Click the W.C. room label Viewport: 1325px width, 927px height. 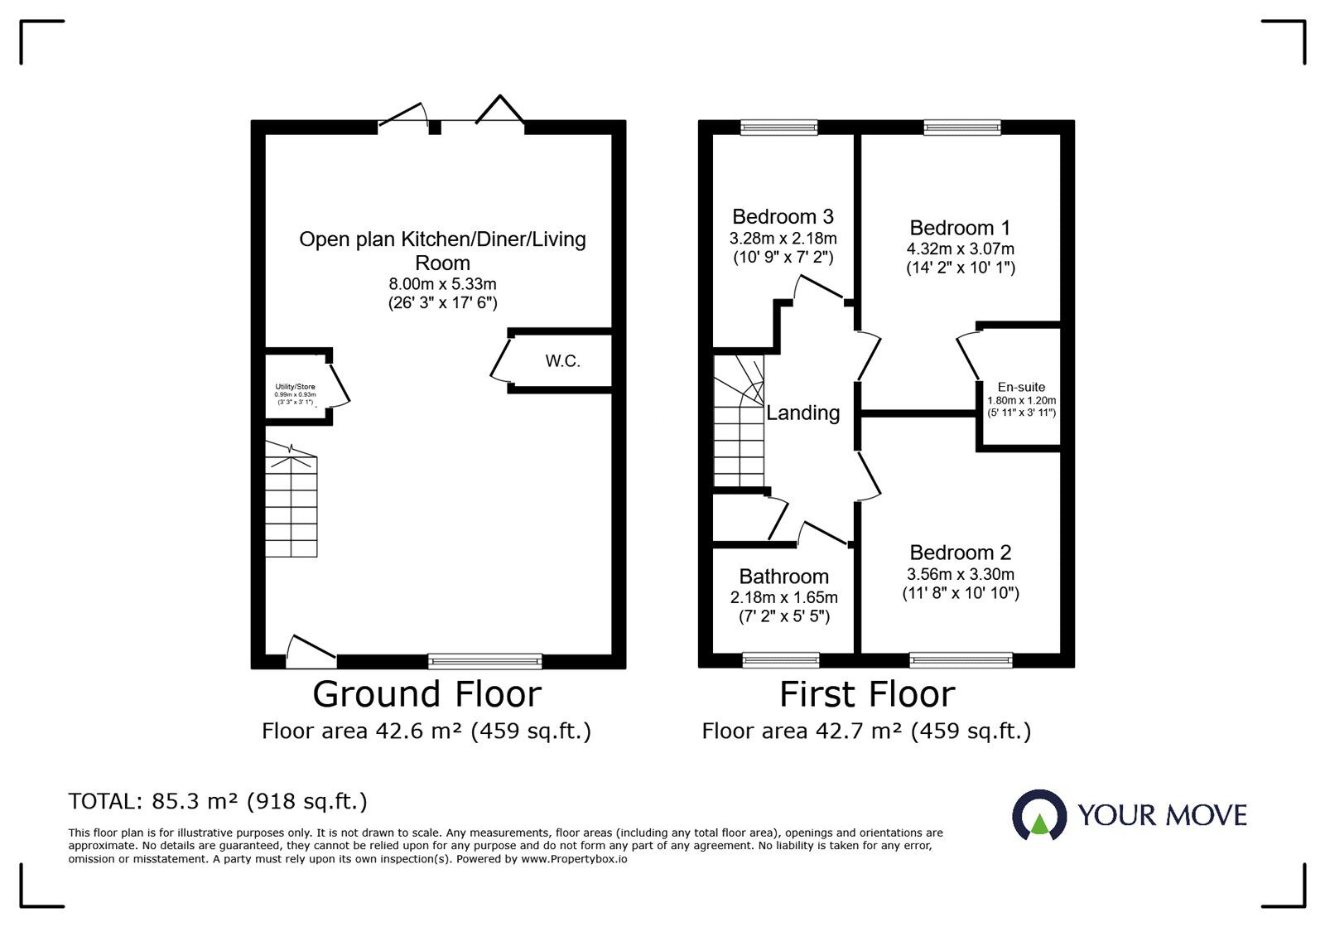tap(562, 361)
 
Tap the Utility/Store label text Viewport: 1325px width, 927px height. tap(295, 387)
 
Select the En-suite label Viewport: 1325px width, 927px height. tap(1021, 387)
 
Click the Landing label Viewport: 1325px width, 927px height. tap(802, 413)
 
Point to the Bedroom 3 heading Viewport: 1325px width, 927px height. tap(783, 217)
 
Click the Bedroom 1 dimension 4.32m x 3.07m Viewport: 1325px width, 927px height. tap(960, 249)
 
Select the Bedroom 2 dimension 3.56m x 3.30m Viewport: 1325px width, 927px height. tap(960, 574)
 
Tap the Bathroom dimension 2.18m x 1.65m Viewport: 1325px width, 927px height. tap(783, 597)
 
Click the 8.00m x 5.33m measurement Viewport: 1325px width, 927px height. tap(442, 284)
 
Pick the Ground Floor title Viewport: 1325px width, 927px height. tap(426, 694)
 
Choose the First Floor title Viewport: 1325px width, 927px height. tap(867, 694)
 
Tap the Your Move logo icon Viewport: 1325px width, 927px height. tap(1038, 815)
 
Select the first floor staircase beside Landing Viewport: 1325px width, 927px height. tap(739, 422)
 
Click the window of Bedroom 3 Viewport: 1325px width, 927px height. tap(778, 127)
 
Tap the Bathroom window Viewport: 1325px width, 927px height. tap(780, 660)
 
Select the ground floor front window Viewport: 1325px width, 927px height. tap(484, 661)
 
